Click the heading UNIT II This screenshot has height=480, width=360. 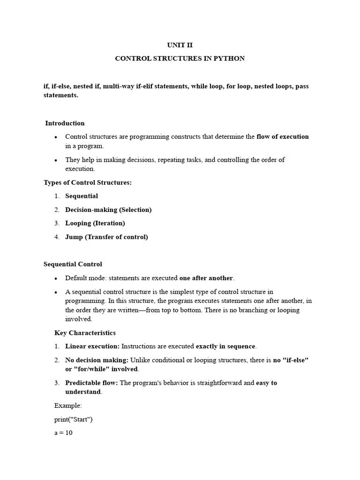coord(180,45)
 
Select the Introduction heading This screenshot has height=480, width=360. coord(65,123)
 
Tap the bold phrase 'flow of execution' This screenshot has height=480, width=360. coord(283,137)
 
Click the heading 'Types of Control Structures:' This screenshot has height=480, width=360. coord(88,182)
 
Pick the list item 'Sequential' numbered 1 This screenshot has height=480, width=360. coord(82,196)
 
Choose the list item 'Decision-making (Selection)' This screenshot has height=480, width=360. coord(108,210)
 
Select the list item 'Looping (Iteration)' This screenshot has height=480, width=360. coord(95,223)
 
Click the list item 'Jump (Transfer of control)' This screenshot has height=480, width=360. coord(106,237)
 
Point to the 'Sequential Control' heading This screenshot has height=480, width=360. coord(73,264)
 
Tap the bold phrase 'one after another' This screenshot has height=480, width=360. coord(206,278)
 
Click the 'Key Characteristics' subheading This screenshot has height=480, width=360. coord(85,333)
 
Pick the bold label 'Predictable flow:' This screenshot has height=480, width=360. coord(92,383)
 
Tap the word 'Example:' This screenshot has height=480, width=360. coord(68,405)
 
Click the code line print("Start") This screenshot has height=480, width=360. coord(74,419)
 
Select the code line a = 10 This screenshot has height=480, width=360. coord(63,433)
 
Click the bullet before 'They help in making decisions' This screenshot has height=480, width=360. coord(56,160)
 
